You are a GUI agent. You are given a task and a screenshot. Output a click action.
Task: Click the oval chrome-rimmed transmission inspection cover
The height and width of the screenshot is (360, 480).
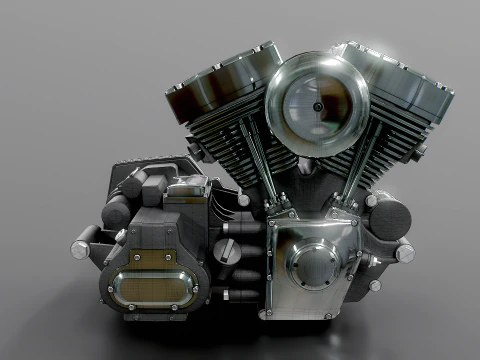pyautogui.click(x=151, y=286)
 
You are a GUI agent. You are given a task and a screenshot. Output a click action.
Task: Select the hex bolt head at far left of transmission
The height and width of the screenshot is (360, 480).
pyautogui.click(x=79, y=244)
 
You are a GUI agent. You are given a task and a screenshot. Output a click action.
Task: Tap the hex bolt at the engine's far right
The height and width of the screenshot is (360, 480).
pyautogui.click(x=405, y=252)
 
